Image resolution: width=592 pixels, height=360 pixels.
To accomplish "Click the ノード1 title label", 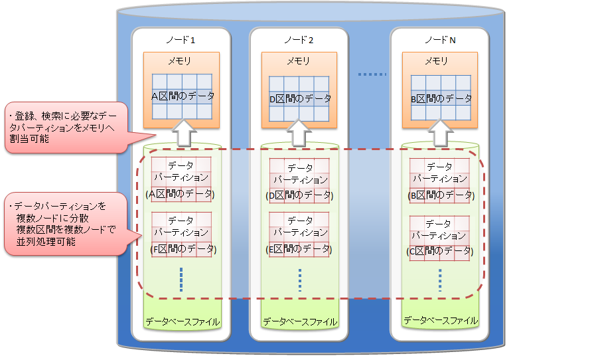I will coord(181,40).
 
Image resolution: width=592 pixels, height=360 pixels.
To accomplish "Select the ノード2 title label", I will coord(299,40).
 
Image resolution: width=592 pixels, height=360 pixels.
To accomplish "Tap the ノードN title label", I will coord(440,40).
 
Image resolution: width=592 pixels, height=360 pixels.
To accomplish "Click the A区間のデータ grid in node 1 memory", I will coord(182,97).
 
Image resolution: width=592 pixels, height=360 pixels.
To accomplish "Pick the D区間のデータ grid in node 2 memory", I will coord(299,99).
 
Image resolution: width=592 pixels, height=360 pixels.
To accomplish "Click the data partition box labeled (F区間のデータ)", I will coord(181,235).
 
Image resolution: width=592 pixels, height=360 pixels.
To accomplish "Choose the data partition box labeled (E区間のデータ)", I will coord(299,235).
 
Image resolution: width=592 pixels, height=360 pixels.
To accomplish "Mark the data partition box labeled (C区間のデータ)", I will coord(439,238).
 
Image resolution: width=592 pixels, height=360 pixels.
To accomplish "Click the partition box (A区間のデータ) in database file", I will coord(181,179).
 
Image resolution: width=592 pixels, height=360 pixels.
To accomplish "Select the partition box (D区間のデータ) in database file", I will coord(299,181).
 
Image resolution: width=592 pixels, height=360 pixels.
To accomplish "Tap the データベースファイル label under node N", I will coord(440,321).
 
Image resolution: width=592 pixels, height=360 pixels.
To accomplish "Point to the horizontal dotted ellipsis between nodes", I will coord(372,74).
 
